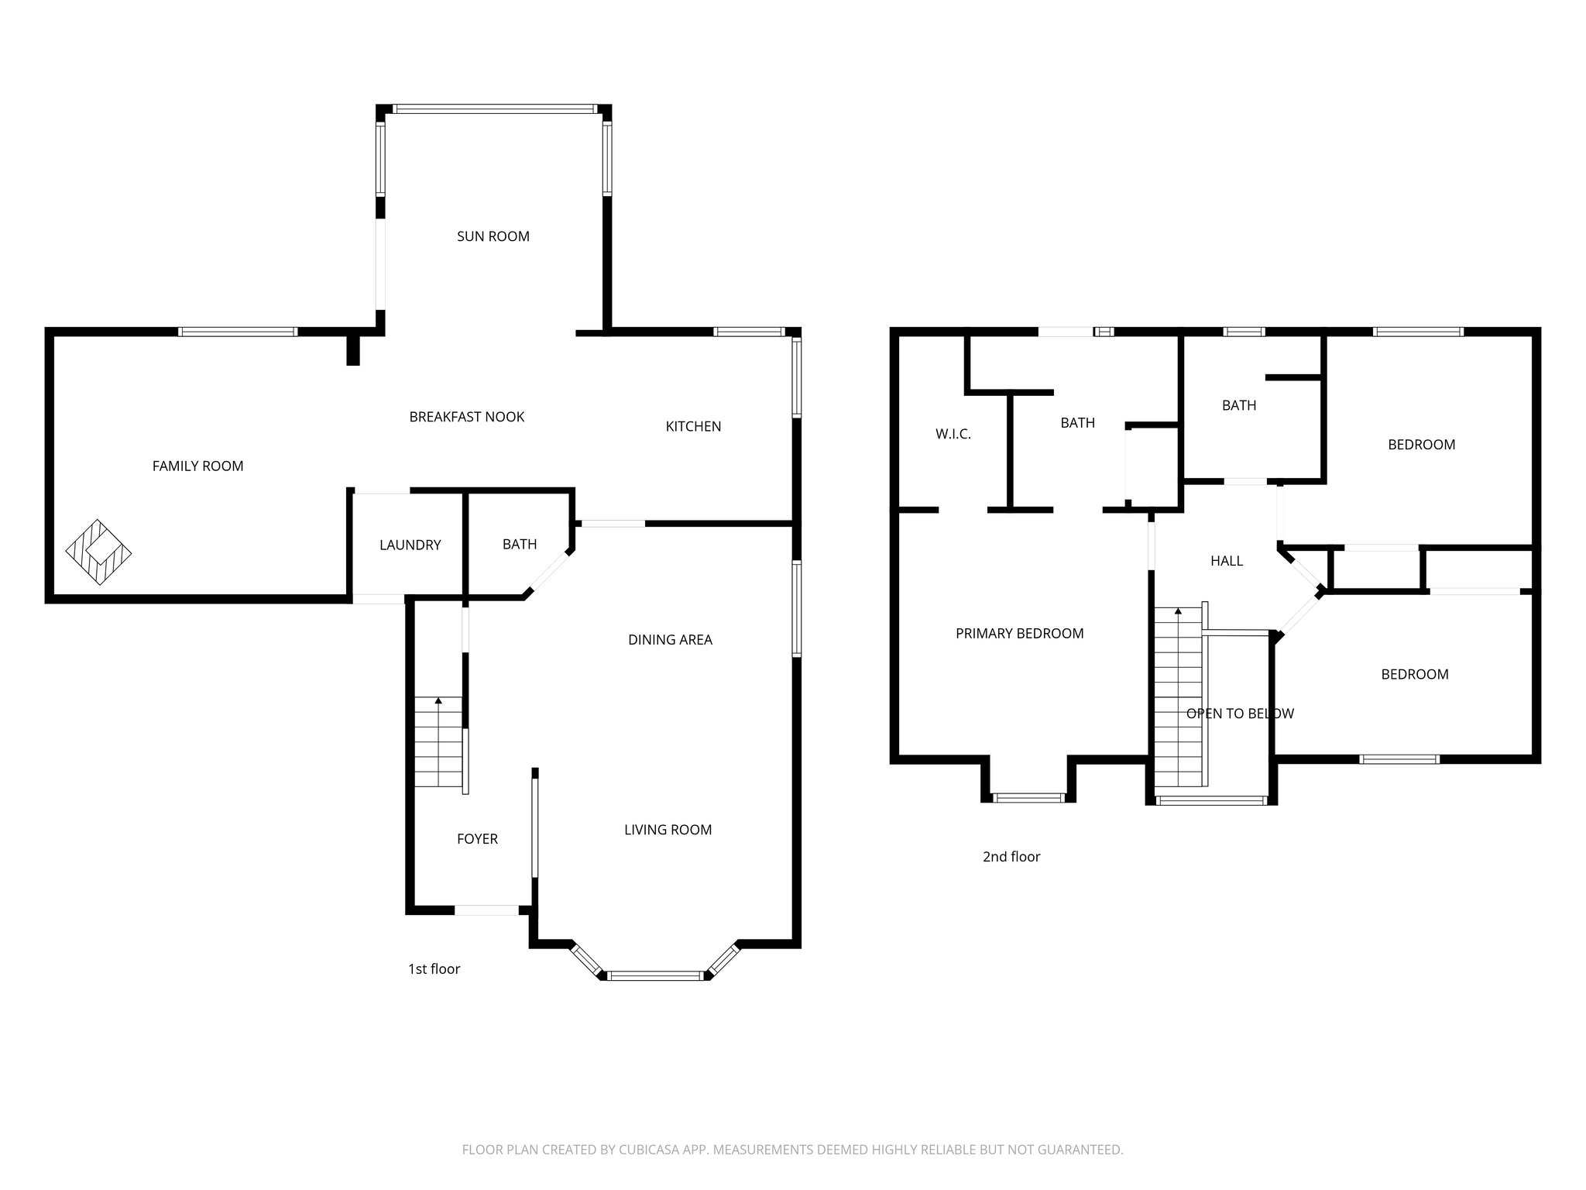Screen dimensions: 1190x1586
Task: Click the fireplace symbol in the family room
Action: coord(98,552)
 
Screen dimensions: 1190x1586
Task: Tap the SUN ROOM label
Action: coord(493,236)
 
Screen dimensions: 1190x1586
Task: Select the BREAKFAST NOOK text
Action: coord(466,417)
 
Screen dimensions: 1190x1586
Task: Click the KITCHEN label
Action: coord(693,426)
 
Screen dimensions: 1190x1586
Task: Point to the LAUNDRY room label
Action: coord(410,545)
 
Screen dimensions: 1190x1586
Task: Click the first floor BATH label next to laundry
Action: coord(519,544)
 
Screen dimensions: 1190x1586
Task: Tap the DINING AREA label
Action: coord(670,639)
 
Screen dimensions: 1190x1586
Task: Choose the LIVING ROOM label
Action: coord(668,830)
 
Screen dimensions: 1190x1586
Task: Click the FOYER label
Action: coord(477,838)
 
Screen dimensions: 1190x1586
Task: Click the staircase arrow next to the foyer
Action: coord(438,701)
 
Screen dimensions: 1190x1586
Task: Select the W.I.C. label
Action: coord(953,434)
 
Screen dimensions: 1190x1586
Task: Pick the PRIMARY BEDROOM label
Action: coord(1019,633)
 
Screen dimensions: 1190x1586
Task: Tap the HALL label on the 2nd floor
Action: coord(1227,560)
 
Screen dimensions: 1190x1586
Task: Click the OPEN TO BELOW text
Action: coord(1240,713)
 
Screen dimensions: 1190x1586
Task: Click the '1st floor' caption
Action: coord(434,968)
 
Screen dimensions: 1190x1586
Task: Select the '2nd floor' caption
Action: coord(1011,856)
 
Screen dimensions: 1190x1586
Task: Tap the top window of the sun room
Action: coord(494,109)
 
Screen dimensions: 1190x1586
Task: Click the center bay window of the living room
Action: coord(655,975)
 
